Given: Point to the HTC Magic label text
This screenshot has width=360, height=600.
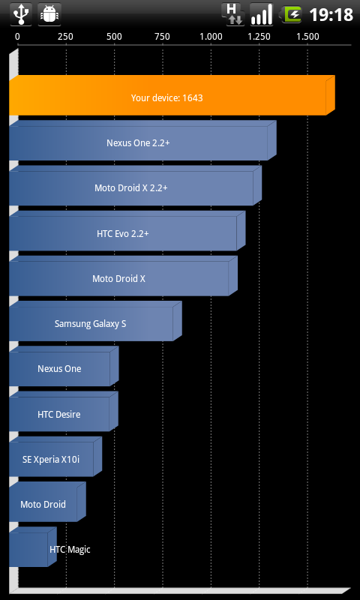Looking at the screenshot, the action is click(x=70, y=550).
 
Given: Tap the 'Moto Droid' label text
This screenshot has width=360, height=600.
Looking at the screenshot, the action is click(x=43, y=504).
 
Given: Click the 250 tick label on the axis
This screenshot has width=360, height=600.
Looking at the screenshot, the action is click(x=65, y=37).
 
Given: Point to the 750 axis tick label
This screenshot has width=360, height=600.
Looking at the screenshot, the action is click(x=162, y=37).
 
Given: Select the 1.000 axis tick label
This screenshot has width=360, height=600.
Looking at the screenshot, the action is click(x=211, y=37).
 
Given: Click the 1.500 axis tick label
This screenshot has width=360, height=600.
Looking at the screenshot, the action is click(x=307, y=37).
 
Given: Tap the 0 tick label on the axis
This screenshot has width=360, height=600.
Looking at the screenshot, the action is click(x=17, y=37).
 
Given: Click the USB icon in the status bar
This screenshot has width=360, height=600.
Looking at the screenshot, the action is click(x=21, y=14).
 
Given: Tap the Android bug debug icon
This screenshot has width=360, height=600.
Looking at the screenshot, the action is click(x=49, y=14).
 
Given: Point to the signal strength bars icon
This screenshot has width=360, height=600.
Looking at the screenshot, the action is click(x=262, y=14).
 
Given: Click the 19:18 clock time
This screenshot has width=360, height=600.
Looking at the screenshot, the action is click(x=331, y=15).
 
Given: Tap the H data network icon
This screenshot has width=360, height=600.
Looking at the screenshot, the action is click(x=232, y=14).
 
